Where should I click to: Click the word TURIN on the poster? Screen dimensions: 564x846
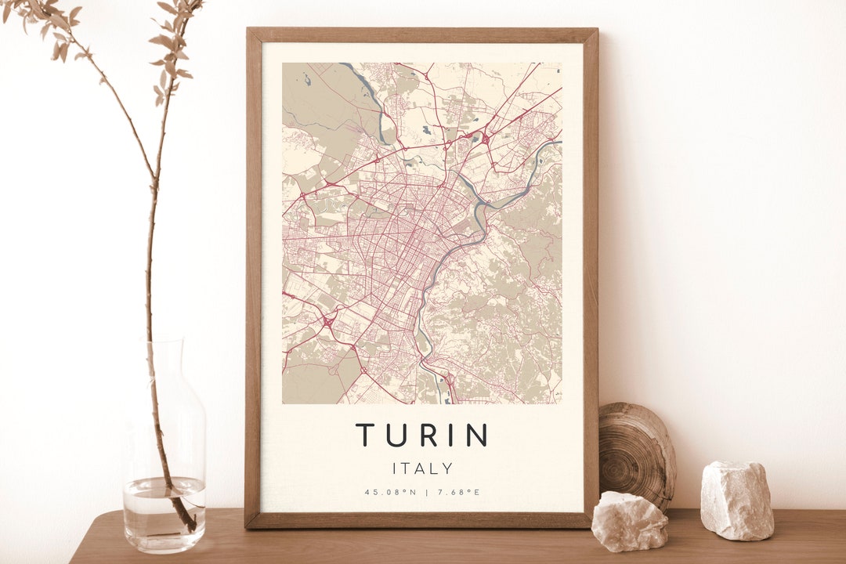point(422,435)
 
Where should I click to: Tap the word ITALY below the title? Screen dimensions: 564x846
point(422,468)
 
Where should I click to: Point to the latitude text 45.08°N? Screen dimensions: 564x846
point(389,492)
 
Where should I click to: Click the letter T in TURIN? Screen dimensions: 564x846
point(365,435)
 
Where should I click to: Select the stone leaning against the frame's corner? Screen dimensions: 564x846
point(629,521)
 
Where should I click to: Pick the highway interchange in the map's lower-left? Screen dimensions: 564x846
point(326,320)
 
